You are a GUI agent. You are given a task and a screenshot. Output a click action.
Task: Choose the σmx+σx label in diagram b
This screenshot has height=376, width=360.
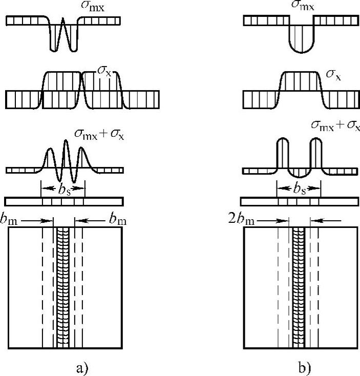tap(336, 126)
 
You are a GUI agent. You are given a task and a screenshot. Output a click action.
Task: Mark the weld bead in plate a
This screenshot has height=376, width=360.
tap(63, 287)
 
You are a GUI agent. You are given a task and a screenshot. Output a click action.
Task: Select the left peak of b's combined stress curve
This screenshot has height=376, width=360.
tap(281, 141)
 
